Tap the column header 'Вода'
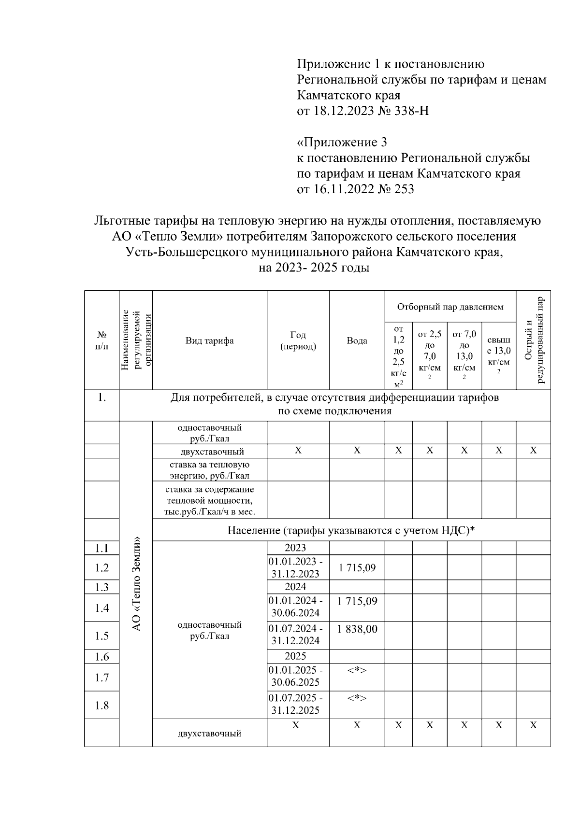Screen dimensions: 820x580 [357, 340]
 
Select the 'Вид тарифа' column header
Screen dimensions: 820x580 [210, 340]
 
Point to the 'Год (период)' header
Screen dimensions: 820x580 [298, 340]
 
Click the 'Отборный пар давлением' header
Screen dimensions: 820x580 [450, 307]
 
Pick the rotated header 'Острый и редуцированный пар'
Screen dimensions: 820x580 [534, 340]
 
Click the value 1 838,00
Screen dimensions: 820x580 [357, 629]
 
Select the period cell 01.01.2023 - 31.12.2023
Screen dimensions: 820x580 [296, 567]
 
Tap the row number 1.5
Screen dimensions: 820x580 [102, 636]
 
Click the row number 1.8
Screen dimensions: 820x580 [102, 705]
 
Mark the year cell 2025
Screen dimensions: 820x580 [295, 656]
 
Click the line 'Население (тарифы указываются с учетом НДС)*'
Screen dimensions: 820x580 [351, 530]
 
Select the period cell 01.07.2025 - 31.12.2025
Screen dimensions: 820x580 [296, 704]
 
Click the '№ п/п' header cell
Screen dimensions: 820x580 [102, 340]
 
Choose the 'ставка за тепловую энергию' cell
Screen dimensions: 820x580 [210, 470]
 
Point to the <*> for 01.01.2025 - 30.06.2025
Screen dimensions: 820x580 [357, 670]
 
